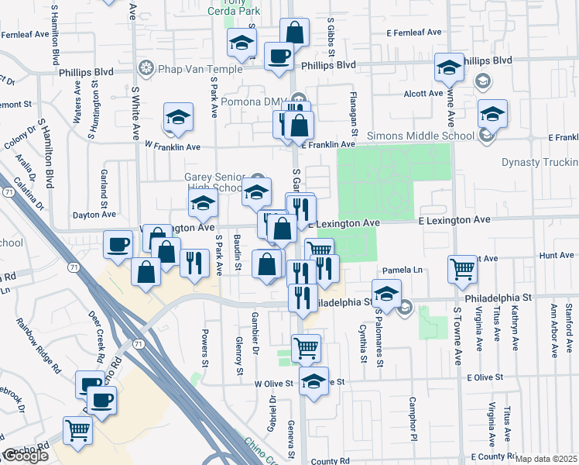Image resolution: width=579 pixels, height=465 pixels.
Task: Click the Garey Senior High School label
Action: [213, 182]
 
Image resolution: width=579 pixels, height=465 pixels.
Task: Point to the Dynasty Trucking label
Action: [540, 162]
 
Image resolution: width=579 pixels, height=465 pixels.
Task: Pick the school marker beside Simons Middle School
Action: [492, 114]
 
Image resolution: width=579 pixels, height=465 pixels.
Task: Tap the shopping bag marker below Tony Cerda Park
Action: [294, 33]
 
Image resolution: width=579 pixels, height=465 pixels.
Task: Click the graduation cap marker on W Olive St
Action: [313, 381]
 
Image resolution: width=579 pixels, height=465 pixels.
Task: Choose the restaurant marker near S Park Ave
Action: [194, 262]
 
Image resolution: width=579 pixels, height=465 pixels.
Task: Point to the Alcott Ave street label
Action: [423, 94]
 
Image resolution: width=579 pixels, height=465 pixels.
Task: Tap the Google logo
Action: [25, 456]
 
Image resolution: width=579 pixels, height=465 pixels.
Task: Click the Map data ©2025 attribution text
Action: [546, 459]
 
